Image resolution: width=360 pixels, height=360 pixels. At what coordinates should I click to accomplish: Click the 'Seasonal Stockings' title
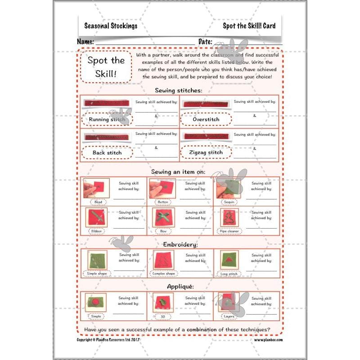tap(111, 26)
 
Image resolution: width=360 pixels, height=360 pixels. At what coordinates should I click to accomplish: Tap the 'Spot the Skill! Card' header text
tap(249, 26)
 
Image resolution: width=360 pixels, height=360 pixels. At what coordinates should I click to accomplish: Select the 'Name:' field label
tap(85, 42)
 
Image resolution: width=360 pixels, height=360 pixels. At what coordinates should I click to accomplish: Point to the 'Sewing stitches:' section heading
tap(178, 90)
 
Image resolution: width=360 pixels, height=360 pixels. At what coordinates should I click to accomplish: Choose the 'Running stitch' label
tap(107, 119)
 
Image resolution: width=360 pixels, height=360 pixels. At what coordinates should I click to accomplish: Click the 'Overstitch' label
tap(206, 119)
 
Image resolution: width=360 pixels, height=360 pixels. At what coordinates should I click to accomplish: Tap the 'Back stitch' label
tap(107, 153)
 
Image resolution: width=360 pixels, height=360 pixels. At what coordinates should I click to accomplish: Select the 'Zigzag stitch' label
tap(206, 153)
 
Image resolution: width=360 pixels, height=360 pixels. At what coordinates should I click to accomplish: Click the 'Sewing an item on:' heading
tap(178, 171)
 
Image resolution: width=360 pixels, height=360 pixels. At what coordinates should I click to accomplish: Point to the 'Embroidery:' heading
tap(178, 244)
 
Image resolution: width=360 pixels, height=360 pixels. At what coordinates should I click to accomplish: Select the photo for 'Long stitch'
tap(229, 260)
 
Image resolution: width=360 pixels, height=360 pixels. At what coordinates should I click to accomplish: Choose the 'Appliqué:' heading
tap(178, 286)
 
